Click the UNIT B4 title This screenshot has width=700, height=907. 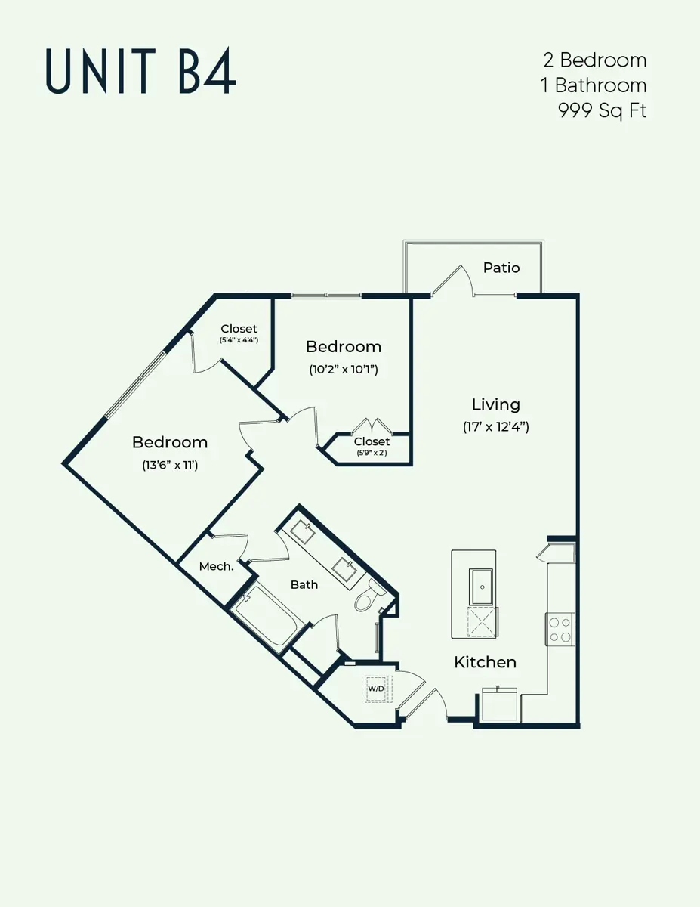pos(141,70)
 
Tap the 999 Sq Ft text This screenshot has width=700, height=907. pos(602,111)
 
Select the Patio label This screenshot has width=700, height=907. pos(501,268)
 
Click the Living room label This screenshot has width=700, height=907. pos(495,404)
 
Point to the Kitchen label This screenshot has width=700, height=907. pos(485,662)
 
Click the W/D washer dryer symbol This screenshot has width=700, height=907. pos(375,689)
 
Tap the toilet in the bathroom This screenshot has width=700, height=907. pos(369,595)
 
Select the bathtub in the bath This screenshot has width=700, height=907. pos(264,614)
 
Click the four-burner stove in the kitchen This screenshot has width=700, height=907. pos(560,630)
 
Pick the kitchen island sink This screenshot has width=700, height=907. pos(482,587)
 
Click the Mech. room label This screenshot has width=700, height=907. pos(216,566)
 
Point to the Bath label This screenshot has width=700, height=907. pos(304,585)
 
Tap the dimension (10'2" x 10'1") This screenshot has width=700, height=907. pos(343,370)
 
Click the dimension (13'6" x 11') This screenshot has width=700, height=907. pos(170,465)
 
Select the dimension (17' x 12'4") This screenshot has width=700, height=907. pos(495,427)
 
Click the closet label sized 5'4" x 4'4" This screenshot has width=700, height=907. pos(239,333)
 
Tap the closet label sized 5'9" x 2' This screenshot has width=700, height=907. pos(372,446)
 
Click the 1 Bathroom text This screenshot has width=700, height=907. pos(594,85)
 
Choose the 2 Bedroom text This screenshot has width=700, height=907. pos(595,60)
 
